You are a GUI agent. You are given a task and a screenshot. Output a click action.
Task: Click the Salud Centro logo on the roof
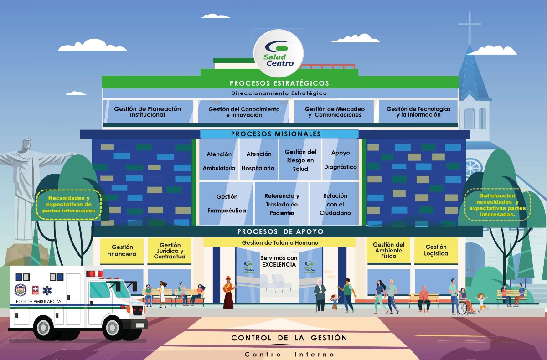(279, 53)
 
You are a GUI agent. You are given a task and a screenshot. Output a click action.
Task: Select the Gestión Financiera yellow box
(122, 251)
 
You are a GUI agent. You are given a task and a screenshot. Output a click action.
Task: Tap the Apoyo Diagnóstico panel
(341, 159)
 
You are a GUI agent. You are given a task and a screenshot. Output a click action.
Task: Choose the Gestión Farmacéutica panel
(227, 203)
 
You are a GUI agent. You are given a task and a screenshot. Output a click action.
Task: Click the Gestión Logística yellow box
(436, 251)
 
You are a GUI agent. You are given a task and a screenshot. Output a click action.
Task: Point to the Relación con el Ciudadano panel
(335, 203)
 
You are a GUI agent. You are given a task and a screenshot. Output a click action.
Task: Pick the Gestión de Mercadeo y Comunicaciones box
(334, 112)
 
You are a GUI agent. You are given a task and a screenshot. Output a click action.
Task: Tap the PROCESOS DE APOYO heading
(280, 231)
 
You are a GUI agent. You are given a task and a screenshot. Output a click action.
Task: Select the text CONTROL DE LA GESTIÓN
(289, 338)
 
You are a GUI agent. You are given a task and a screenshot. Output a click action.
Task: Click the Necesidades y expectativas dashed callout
(69, 205)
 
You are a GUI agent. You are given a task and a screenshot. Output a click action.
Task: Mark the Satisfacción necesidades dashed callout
(497, 205)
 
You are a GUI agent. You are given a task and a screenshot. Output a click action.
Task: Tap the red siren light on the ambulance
(95, 274)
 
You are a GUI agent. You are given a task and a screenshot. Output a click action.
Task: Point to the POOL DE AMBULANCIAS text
(39, 302)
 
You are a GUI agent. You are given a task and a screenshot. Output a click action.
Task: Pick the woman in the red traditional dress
(228, 292)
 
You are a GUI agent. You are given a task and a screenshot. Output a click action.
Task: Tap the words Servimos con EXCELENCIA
(279, 261)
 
